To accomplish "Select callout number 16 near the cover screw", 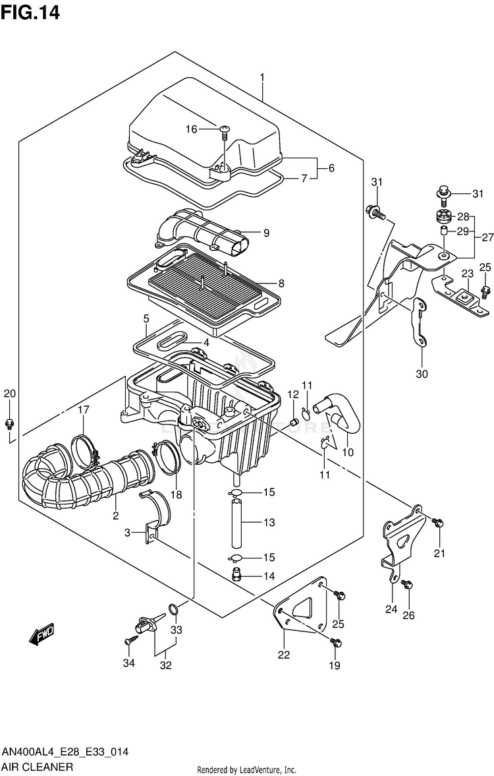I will point(191,129).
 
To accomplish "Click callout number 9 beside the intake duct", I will point(266,232).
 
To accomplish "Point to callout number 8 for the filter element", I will point(281,284).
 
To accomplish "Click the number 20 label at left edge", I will point(9,394).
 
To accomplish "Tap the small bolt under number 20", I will point(9,422).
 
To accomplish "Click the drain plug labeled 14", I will point(238,575).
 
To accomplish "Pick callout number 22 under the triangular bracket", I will point(284,655).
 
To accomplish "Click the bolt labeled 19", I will point(334,642).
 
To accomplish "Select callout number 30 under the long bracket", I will point(422,374).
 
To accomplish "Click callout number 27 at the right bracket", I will point(487,237).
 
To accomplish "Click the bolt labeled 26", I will point(408,584).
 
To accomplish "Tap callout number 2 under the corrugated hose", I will point(115,515).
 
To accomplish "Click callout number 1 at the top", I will point(262,78).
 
